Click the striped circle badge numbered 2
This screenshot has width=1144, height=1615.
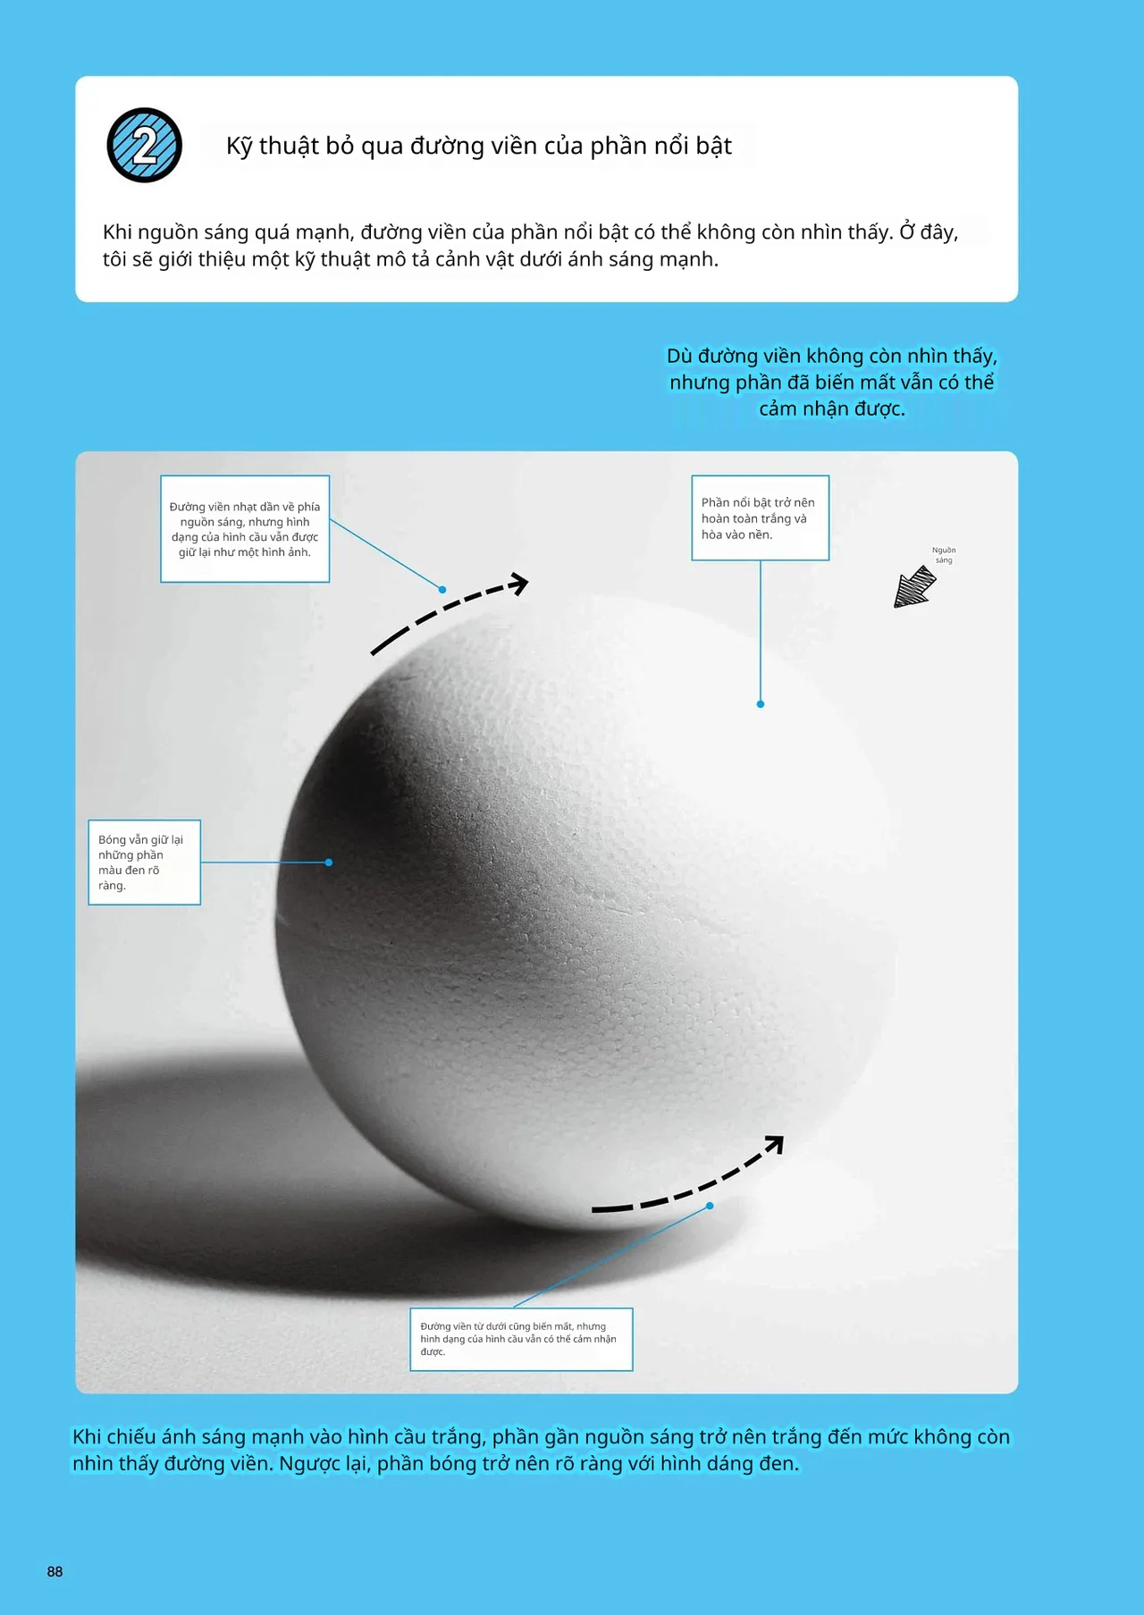(x=145, y=146)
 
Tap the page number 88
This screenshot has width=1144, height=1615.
(x=55, y=1571)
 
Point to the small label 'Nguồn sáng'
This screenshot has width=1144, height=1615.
(x=944, y=555)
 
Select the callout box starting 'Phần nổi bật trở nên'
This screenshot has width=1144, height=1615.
(x=760, y=518)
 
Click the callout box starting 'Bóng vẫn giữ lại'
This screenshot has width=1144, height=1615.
(x=144, y=862)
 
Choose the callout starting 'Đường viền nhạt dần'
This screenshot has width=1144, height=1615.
(x=245, y=529)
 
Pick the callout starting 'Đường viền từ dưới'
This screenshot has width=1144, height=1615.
(x=521, y=1339)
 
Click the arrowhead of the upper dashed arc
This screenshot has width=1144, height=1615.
(x=519, y=584)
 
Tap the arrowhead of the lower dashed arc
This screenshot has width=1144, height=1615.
(x=775, y=1143)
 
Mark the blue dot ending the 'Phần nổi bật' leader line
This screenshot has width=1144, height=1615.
(x=761, y=704)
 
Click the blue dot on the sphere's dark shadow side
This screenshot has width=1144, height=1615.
(x=329, y=862)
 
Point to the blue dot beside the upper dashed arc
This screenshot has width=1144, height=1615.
(x=442, y=590)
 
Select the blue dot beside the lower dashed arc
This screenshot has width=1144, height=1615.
(x=710, y=1206)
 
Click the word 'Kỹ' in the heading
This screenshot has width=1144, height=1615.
(x=239, y=146)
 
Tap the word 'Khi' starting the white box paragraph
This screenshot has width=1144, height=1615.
(x=117, y=232)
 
